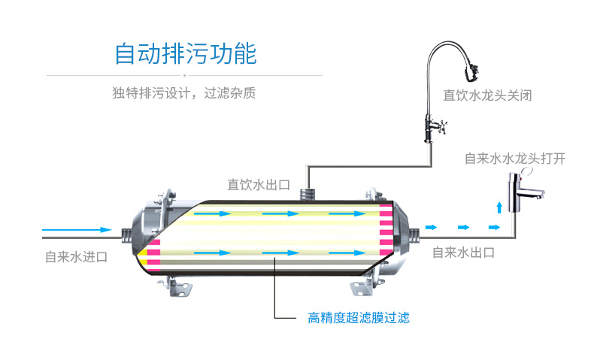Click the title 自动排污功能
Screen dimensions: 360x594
click(x=185, y=55)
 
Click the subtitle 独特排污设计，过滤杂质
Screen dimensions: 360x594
click(x=184, y=94)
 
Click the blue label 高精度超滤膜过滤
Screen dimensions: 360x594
click(x=359, y=317)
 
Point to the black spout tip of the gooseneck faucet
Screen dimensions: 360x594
click(x=471, y=74)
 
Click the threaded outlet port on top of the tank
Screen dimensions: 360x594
click(x=306, y=192)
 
